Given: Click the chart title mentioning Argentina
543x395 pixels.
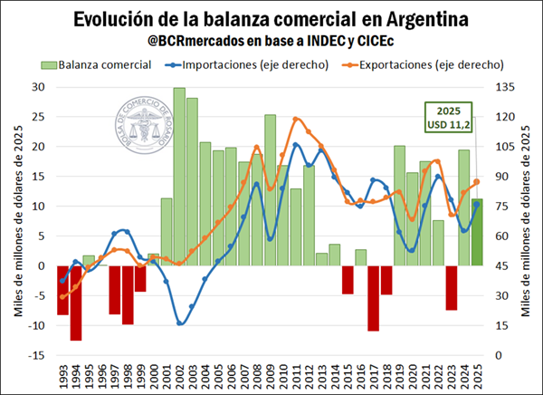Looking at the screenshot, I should pyautogui.click(x=271, y=18).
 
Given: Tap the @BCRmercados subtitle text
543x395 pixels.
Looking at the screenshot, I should pyautogui.click(x=271, y=42).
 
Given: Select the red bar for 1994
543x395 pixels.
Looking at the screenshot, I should pyautogui.click(x=76, y=303).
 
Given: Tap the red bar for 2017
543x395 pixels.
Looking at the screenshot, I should pyautogui.click(x=373, y=298).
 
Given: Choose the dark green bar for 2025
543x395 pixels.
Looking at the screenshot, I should pyautogui.click(x=477, y=232).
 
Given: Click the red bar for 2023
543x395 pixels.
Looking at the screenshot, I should pyautogui.click(x=451, y=287).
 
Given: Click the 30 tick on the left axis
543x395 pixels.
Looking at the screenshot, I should pyautogui.click(x=37, y=87).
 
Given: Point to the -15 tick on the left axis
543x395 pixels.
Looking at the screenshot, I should pyautogui.click(x=37, y=355).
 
